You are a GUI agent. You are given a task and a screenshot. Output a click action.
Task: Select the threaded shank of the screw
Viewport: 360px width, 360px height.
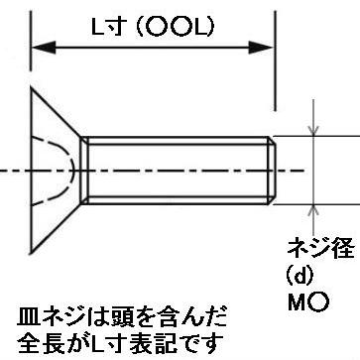179,170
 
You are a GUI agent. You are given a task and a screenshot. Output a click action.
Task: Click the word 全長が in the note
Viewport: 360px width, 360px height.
48,343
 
